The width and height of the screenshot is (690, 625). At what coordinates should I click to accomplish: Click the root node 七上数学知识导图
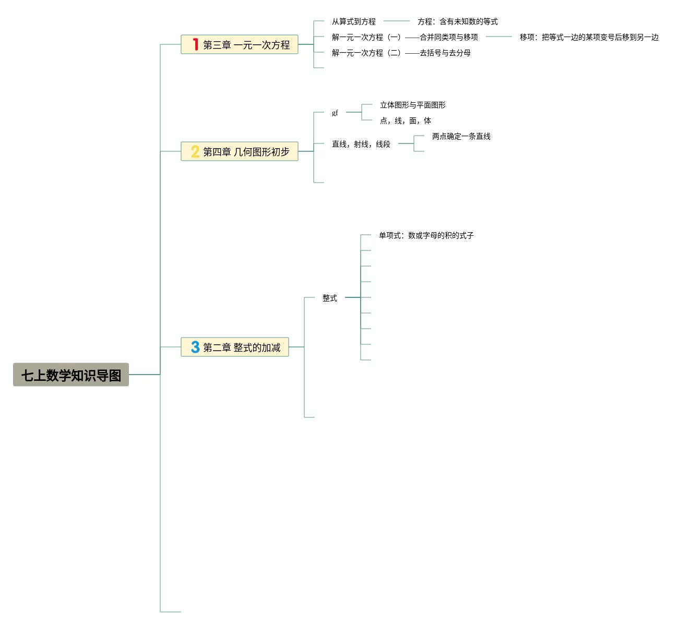71,375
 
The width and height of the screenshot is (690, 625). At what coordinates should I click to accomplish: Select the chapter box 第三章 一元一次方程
240,44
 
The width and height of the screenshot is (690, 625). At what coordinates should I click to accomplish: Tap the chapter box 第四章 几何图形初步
240,151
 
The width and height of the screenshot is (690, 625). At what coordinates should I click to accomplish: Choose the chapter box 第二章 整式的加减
235,347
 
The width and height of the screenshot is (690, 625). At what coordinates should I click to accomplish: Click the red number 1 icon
195,44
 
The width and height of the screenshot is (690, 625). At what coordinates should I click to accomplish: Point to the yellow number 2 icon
195,151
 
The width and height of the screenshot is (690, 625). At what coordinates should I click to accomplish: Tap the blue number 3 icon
195,347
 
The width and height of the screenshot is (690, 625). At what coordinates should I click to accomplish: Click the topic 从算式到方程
354,21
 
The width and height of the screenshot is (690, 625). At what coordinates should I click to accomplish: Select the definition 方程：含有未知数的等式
458,21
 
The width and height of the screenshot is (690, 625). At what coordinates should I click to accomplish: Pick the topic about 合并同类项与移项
405,37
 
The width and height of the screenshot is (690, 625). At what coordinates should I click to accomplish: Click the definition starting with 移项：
589,37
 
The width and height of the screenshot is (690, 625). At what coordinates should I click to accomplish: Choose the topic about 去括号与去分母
401,53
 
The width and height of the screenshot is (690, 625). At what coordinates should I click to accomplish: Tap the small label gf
335,112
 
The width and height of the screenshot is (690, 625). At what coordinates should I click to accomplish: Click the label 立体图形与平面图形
413,105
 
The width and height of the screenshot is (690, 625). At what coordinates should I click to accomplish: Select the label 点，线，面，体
406,121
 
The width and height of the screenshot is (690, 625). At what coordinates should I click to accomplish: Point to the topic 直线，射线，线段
361,144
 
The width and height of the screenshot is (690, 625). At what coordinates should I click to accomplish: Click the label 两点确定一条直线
461,136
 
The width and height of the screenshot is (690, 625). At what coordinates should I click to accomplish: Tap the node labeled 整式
330,298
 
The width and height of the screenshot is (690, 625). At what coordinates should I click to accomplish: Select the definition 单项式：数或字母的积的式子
426,235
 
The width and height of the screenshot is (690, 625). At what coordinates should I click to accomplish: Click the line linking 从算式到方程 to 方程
397,21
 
